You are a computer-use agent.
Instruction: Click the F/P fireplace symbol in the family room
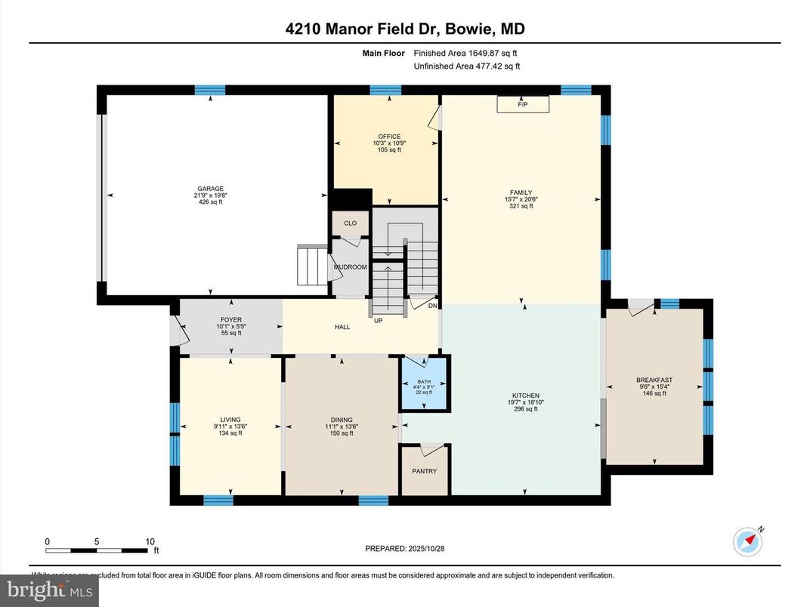tap(521, 105)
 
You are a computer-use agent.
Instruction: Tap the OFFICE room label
tap(389, 137)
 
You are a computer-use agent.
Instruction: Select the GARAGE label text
tap(210, 189)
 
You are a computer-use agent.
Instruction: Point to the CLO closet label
tap(350, 223)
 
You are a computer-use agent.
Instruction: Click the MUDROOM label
tap(351, 267)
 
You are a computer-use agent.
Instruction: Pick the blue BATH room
tap(425, 383)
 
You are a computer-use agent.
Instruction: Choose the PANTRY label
tap(424, 471)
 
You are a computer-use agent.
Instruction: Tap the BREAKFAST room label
tap(654, 380)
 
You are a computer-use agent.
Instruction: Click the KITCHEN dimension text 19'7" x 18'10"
tap(525, 402)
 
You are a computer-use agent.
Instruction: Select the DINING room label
tap(342, 420)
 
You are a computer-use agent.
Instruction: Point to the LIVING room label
tap(230, 420)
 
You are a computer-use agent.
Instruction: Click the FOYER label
tap(230, 319)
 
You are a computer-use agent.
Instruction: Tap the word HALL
tap(342, 328)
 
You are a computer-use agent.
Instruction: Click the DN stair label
tap(432, 306)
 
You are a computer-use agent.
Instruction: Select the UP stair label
tap(379, 320)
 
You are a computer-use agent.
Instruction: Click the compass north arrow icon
tap(748, 541)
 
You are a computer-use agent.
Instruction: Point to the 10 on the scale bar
tap(150, 541)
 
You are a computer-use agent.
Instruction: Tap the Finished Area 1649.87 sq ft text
tap(465, 53)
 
